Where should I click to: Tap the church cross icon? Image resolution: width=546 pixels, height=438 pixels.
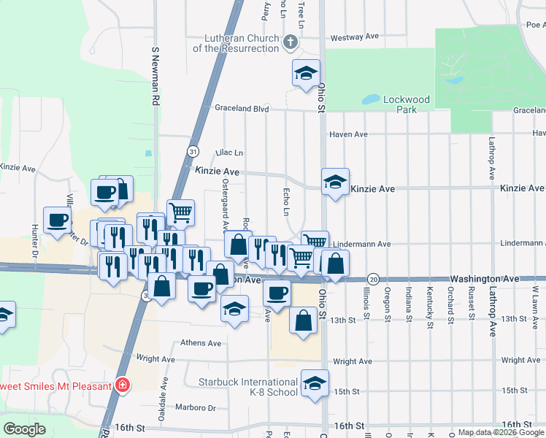pyautogui.click(x=291, y=42)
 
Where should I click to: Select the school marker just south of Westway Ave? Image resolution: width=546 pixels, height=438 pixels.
pyautogui.click(x=307, y=73)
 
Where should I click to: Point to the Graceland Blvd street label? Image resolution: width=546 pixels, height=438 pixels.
pyautogui.click(x=242, y=109)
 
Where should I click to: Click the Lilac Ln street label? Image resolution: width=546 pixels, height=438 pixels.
pyautogui.click(x=228, y=153)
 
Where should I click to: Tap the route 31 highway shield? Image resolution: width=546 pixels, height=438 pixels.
pyautogui.click(x=193, y=151)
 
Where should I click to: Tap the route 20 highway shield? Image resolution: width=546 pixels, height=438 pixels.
pyautogui.click(x=373, y=280)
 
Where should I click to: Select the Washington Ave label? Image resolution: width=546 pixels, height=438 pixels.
pyautogui.click(x=484, y=280)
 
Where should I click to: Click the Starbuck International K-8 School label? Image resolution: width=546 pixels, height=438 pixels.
pyautogui.click(x=248, y=387)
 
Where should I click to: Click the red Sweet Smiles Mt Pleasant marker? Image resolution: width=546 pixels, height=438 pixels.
pyautogui.click(x=123, y=385)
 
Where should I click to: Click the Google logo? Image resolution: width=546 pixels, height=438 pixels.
pyautogui.click(x=24, y=429)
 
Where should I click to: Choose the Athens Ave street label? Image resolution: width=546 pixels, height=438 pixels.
pyautogui.click(x=200, y=343)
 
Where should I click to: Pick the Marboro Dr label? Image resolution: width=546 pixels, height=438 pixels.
pyautogui.click(x=196, y=407)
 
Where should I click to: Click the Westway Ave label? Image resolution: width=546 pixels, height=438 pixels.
pyautogui.click(x=355, y=36)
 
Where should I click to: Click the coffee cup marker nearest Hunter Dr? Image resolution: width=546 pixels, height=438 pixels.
pyautogui.click(x=57, y=220)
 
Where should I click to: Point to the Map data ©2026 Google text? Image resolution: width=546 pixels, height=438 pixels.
pyautogui.click(x=501, y=432)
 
